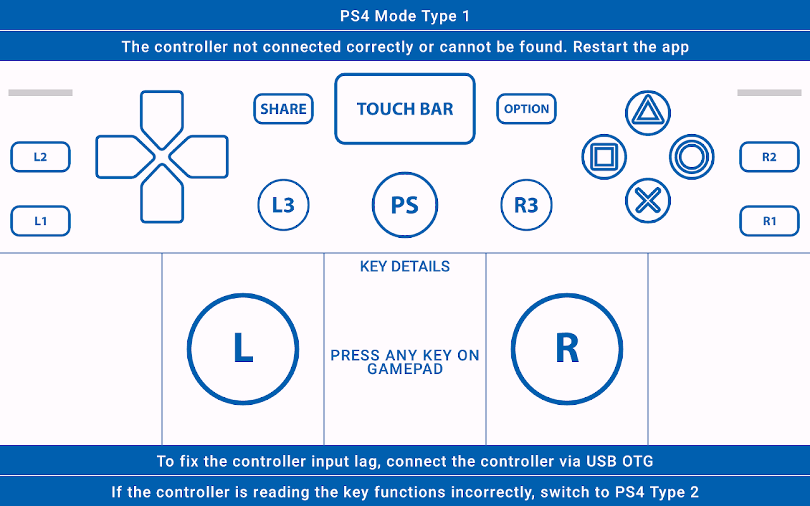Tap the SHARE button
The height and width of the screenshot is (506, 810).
click(x=283, y=109)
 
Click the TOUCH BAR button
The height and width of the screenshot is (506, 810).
click(x=405, y=109)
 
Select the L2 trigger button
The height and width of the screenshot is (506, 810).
click(x=40, y=157)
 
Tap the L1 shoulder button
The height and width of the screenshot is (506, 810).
click(x=40, y=221)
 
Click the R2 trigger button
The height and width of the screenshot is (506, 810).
click(x=769, y=157)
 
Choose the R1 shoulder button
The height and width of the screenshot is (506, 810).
click(x=769, y=221)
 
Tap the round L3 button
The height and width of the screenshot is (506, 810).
click(x=283, y=205)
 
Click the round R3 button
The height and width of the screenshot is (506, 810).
click(x=526, y=205)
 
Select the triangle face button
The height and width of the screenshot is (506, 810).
click(x=647, y=113)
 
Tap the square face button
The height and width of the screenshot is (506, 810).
click(x=604, y=157)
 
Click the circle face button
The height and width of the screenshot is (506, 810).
click(x=692, y=157)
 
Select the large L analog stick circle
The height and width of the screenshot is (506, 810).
click(x=243, y=349)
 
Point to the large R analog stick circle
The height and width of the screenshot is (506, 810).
click(x=567, y=349)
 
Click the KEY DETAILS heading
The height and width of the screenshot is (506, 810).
click(x=405, y=266)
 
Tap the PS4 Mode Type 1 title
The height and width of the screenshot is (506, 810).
click(x=405, y=16)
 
